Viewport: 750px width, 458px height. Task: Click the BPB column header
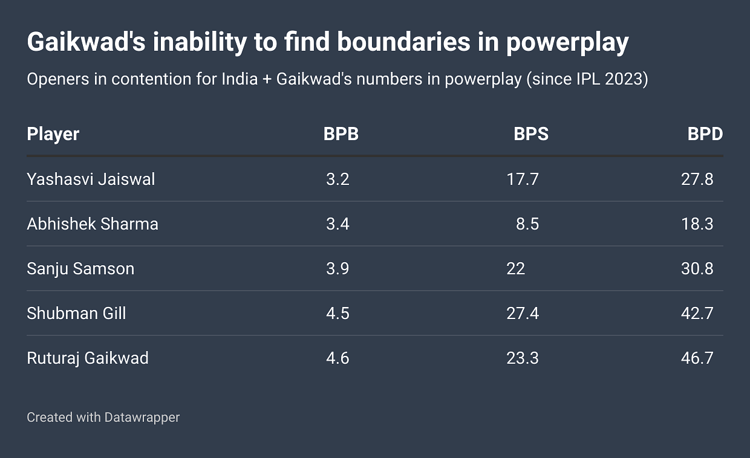click(341, 134)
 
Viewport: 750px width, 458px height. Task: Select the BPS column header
click(531, 134)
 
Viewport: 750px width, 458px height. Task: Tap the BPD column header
click(705, 134)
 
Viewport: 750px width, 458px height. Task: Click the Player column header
click(53, 134)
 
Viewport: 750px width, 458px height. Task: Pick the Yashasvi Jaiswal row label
click(91, 179)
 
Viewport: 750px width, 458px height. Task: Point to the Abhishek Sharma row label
click(93, 224)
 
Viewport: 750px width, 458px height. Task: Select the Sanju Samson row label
click(80, 269)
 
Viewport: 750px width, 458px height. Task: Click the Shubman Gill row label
click(76, 314)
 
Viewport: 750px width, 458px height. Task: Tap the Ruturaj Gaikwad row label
click(88, 358)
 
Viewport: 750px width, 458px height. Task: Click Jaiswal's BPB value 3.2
click(337, 179)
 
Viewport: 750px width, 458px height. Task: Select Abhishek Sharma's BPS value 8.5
click(527, 224)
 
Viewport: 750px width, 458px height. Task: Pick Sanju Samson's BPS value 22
click(516, 269)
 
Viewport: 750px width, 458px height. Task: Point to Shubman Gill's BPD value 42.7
click(697, 314)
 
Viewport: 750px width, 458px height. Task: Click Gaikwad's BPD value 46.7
click(697, 358)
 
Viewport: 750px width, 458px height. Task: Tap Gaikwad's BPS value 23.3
click(523, 358)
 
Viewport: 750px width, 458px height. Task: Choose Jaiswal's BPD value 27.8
click(697, 179)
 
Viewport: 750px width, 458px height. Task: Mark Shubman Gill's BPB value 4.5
click(337, 314)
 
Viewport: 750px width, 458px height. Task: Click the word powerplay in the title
click(567, 44)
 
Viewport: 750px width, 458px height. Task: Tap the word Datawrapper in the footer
click(142, 417)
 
